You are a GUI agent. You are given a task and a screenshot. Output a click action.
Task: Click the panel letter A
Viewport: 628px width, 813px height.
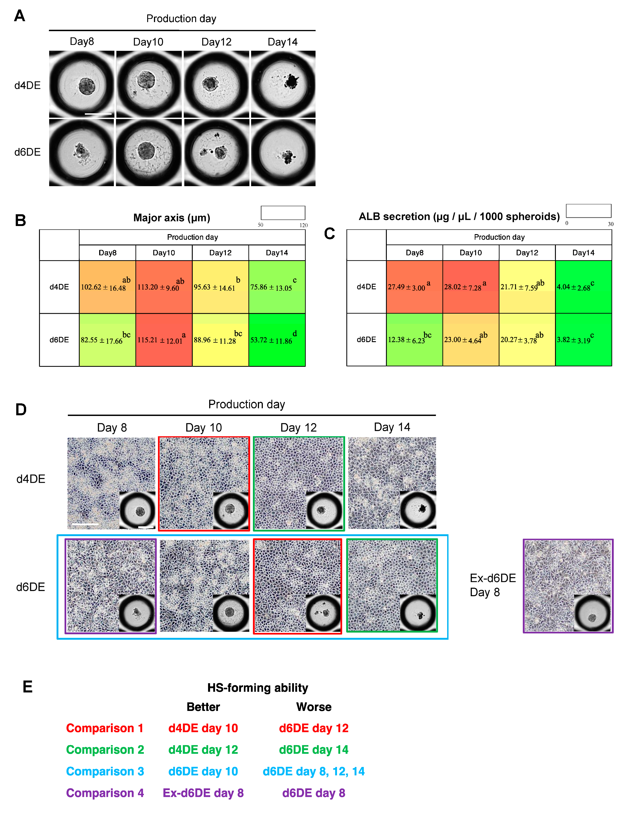click(x=19, y=16)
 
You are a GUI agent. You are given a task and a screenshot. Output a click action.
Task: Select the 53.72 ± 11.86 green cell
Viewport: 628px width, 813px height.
click(x=277, y=340)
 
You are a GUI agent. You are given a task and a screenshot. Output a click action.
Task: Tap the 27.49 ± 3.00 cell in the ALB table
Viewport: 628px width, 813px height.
click(x=414, y=287)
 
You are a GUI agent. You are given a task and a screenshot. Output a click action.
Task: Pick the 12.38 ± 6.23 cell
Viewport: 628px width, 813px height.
click(x=414, y=340)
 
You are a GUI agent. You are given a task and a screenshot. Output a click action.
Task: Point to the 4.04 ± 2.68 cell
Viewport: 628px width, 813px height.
click(x=583, y=287)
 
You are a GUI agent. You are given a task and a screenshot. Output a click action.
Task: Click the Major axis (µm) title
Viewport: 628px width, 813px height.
click(x=172, y=218)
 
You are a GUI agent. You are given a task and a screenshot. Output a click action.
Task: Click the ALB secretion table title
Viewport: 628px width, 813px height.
click(x=459, y=217)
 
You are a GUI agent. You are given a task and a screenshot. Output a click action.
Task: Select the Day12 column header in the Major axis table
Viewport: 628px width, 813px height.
click(x=220, y=253)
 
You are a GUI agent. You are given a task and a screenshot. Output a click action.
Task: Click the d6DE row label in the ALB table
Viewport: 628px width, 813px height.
click(x=366, y=340)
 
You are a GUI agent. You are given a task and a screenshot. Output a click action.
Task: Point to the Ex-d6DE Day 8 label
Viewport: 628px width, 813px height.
click(x=493, y=585)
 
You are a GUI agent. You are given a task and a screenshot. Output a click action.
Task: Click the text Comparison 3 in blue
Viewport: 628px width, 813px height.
click(x=105, y=771)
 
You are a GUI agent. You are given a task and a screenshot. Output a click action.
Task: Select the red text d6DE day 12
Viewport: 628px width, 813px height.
click(x=314, y=728)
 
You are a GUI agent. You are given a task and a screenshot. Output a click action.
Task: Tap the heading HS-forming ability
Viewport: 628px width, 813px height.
click(x=257, y=687)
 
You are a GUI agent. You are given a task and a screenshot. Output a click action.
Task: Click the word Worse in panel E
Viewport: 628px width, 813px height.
click(x=314, y=707)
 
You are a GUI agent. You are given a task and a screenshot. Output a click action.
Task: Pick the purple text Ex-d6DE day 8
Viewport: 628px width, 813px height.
click(x=203, y=793)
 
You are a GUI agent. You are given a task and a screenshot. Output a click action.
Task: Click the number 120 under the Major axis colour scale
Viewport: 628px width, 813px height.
click(x=304, y=225)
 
